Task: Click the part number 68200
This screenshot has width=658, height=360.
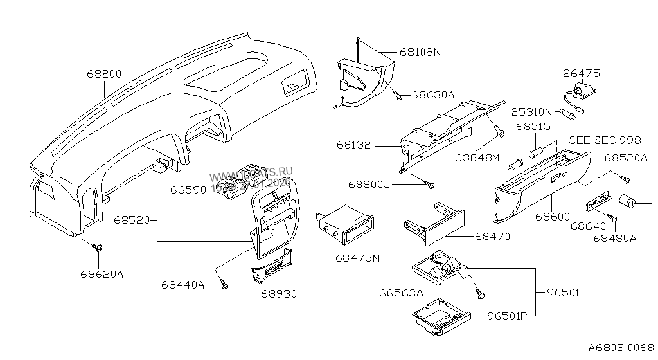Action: pos(103,74)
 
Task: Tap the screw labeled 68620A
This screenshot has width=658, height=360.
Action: pos(98,246)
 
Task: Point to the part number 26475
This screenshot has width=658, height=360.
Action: pos(581,74)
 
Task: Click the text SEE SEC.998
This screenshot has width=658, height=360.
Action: pos(605,141)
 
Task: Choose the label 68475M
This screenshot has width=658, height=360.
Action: pos(358,258)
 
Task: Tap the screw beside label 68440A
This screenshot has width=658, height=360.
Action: pos(224,284)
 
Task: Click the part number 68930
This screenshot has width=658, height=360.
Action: pos(279,293)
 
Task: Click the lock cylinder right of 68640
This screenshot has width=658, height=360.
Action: pos(627,203)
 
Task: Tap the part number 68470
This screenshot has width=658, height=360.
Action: pos(492,237)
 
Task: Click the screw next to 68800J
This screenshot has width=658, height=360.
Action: pos(431,186)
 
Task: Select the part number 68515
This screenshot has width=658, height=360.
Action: pos(533,127)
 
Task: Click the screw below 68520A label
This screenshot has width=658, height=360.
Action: pos(623,172)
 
